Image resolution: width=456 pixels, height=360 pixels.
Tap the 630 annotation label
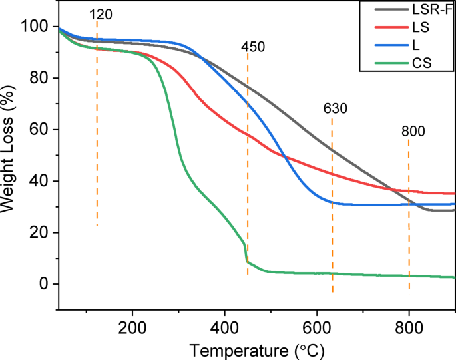(x=336, y=109)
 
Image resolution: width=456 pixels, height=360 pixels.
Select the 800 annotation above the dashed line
(x=413, y=132)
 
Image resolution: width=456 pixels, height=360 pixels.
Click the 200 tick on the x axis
(x=132, y=325)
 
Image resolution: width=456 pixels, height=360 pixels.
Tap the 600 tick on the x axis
(x=317, y=325)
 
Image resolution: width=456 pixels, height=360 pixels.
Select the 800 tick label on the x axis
(x=409, y=325)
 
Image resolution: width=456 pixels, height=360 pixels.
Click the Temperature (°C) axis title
(x=257, y=348)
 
